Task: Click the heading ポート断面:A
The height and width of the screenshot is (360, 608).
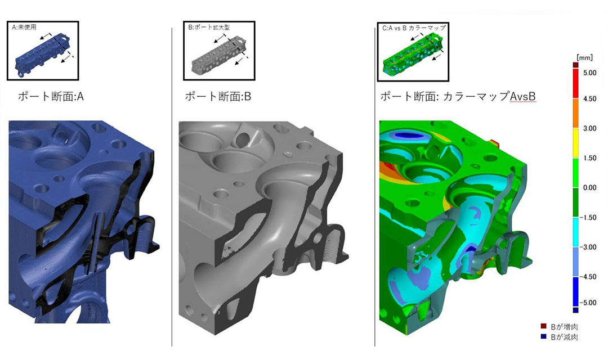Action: point(51,97)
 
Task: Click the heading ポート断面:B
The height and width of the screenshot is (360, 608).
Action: point(218,97)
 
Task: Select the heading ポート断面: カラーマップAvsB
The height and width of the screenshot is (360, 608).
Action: point(458,96)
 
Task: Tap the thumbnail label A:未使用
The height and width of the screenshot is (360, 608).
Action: point(24,28)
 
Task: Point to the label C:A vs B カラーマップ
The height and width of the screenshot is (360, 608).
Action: point(414,28)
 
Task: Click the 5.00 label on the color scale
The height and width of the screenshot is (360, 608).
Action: point(590,73)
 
